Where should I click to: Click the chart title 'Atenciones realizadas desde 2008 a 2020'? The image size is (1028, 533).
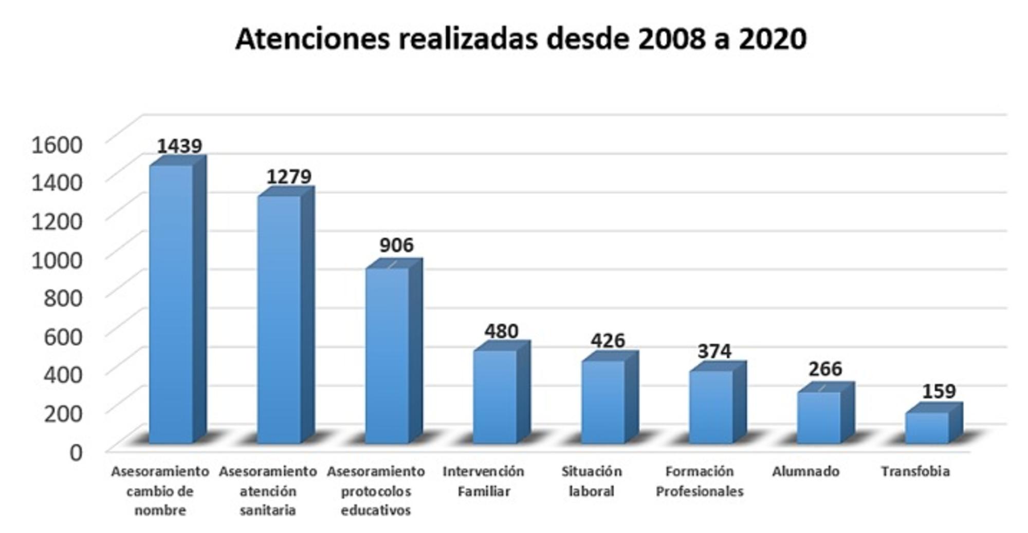pos(521,39)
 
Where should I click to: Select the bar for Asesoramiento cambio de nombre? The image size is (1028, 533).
pos(171,303)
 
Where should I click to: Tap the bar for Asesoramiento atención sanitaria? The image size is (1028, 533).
pos(279,318)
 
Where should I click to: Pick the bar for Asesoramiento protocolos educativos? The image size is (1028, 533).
pos(387,354)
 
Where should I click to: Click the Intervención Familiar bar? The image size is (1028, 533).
pos(495,395)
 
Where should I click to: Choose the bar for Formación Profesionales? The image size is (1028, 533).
pos(711,406)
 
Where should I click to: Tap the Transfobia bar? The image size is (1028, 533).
pos(927,427)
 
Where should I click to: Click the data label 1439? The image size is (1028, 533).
pos(179,146)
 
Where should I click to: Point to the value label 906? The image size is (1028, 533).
pos(396,245)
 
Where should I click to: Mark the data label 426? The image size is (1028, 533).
pos(608,340)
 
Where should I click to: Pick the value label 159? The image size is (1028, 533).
pos(939,391)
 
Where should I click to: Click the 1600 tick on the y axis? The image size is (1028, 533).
pos(57,145)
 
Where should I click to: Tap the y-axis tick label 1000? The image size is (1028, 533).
pos(57,260)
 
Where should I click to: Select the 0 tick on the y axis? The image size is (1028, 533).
pos(76,452)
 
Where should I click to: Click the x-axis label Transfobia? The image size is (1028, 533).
pos(915,471)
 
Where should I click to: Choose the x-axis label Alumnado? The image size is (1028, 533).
pos(805,471)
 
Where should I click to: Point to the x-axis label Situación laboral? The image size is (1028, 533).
pos(592,481)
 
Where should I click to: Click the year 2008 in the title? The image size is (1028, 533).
pos(671,39)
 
